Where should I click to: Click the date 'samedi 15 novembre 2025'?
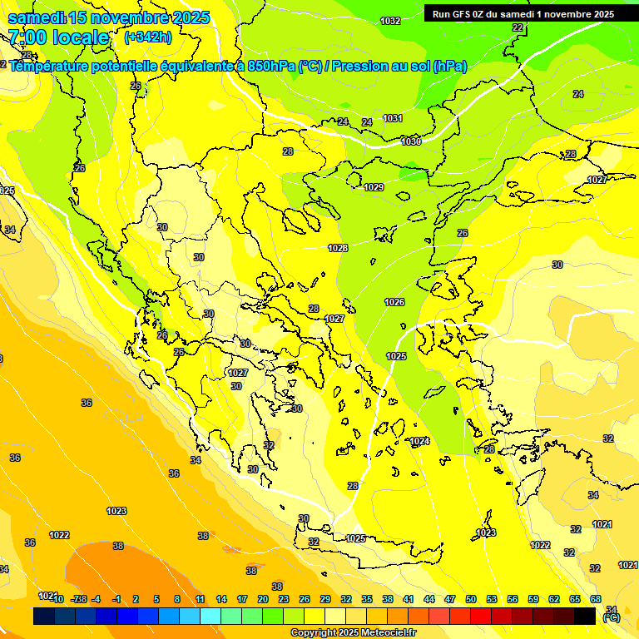pos(108,17)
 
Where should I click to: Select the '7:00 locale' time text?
pos(58,37)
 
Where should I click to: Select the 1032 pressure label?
pos(389,21)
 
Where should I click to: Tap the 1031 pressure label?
pos(393,118)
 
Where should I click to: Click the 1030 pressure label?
pos(410,141)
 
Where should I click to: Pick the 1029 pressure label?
pos(374,187)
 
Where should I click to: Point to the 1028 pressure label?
pos(338,248)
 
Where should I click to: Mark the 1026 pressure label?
pos(394,301)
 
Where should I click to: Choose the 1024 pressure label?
pos(419,440)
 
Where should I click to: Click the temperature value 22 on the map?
pos(518,27)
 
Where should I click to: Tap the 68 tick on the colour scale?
pos(596,599)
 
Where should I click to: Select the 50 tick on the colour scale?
pos(471,599)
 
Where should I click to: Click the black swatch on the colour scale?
pos(585,616)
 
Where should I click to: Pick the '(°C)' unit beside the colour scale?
pos(612,617)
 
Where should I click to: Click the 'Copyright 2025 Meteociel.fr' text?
pos(353,632)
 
